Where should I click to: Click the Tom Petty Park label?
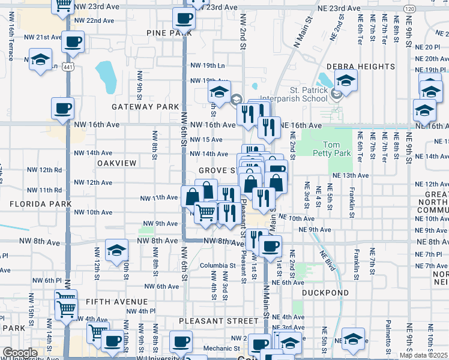(x=336, y=149)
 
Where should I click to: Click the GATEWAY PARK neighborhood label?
(x=145, y=107)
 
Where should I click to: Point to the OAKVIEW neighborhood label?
(x=117, y=163)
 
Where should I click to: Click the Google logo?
(x=20, y=353)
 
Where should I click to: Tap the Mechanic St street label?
(x=221, y=348)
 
